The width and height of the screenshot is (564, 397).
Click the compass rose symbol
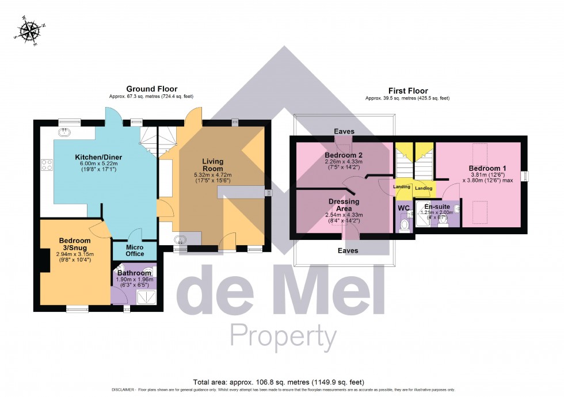(x=27, y=32)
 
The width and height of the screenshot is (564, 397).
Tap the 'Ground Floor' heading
(x=152, y=89)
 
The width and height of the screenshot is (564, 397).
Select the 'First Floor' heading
(x=407, y=90)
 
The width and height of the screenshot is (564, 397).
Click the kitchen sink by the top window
(x=64, y=132)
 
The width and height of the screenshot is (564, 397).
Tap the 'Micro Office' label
(x=127, y=250)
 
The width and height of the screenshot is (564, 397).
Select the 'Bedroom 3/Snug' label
(x=75, y=244)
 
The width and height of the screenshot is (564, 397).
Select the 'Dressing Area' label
(x=344, y=205)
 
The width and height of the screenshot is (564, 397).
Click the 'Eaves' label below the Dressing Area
(x=348, y=250)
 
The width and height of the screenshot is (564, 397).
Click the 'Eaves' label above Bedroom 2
(x=344, y=131)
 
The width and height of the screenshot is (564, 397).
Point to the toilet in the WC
(x=405, y=224)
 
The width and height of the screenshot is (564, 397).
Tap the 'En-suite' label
(x=437, y=206)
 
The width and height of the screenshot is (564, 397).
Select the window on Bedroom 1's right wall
(x=524, y=176)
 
